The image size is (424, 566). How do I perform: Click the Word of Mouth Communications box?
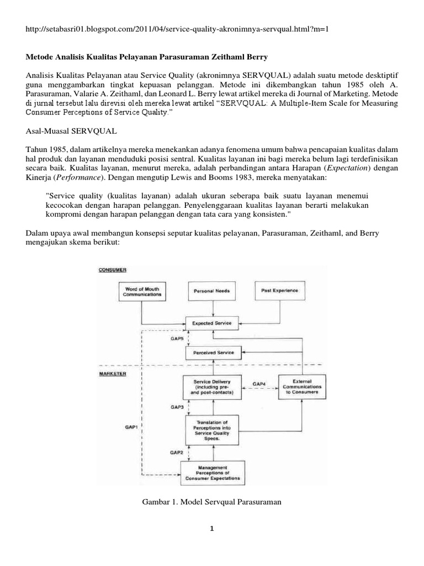[143, 292]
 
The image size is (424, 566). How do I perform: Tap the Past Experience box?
[280, 290]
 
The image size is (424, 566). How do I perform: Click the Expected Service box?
[211, 322]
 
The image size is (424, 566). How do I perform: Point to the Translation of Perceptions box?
[213, 430]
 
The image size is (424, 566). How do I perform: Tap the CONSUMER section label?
[113, 270]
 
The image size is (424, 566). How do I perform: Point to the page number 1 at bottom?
[211, 528]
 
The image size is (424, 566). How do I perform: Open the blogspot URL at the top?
[177, 28]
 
